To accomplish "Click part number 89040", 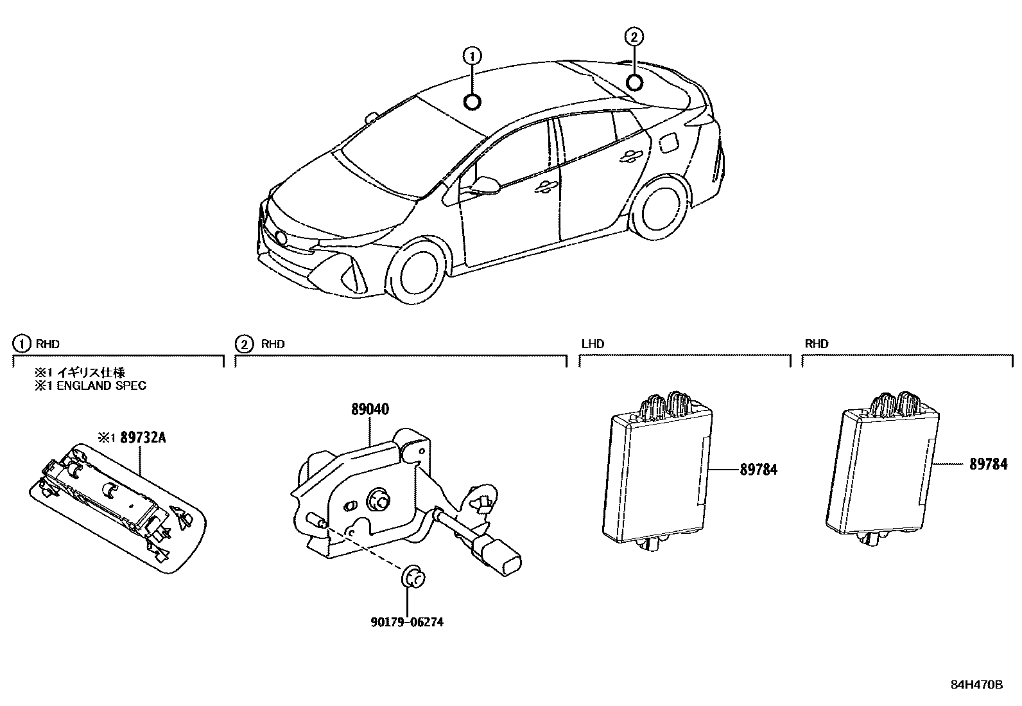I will [370, 410].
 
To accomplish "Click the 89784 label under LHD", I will [758, 470].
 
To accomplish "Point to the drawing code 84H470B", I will [976, 684].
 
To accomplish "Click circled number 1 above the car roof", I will [472, 56].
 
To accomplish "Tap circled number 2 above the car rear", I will [634, 37].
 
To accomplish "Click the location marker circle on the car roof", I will [472, 101].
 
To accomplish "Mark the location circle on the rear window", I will [634, 82].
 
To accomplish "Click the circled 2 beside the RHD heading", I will [244, 344].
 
